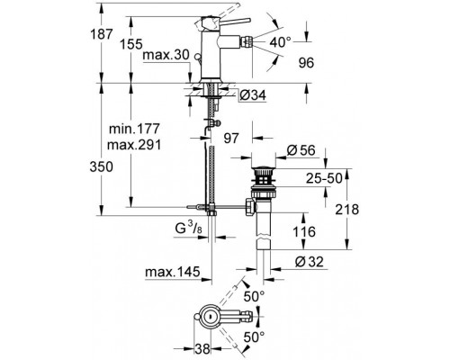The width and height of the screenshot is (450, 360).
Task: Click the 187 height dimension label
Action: coord(102,34)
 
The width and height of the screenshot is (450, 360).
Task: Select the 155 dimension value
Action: coord(131,44)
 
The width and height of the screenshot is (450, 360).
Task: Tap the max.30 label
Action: coord(166,55)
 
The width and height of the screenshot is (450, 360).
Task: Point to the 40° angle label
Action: coord(281,42)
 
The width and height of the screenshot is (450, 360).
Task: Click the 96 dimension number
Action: coord(306,63)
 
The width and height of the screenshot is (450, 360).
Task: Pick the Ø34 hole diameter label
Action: coord(253,95)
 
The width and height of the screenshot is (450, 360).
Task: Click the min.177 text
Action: coord(134,129)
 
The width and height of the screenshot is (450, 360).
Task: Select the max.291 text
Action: coord(134,145)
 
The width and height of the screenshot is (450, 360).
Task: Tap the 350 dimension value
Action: coord(102,166)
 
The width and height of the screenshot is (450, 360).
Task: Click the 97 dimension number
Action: coord(231,138)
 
